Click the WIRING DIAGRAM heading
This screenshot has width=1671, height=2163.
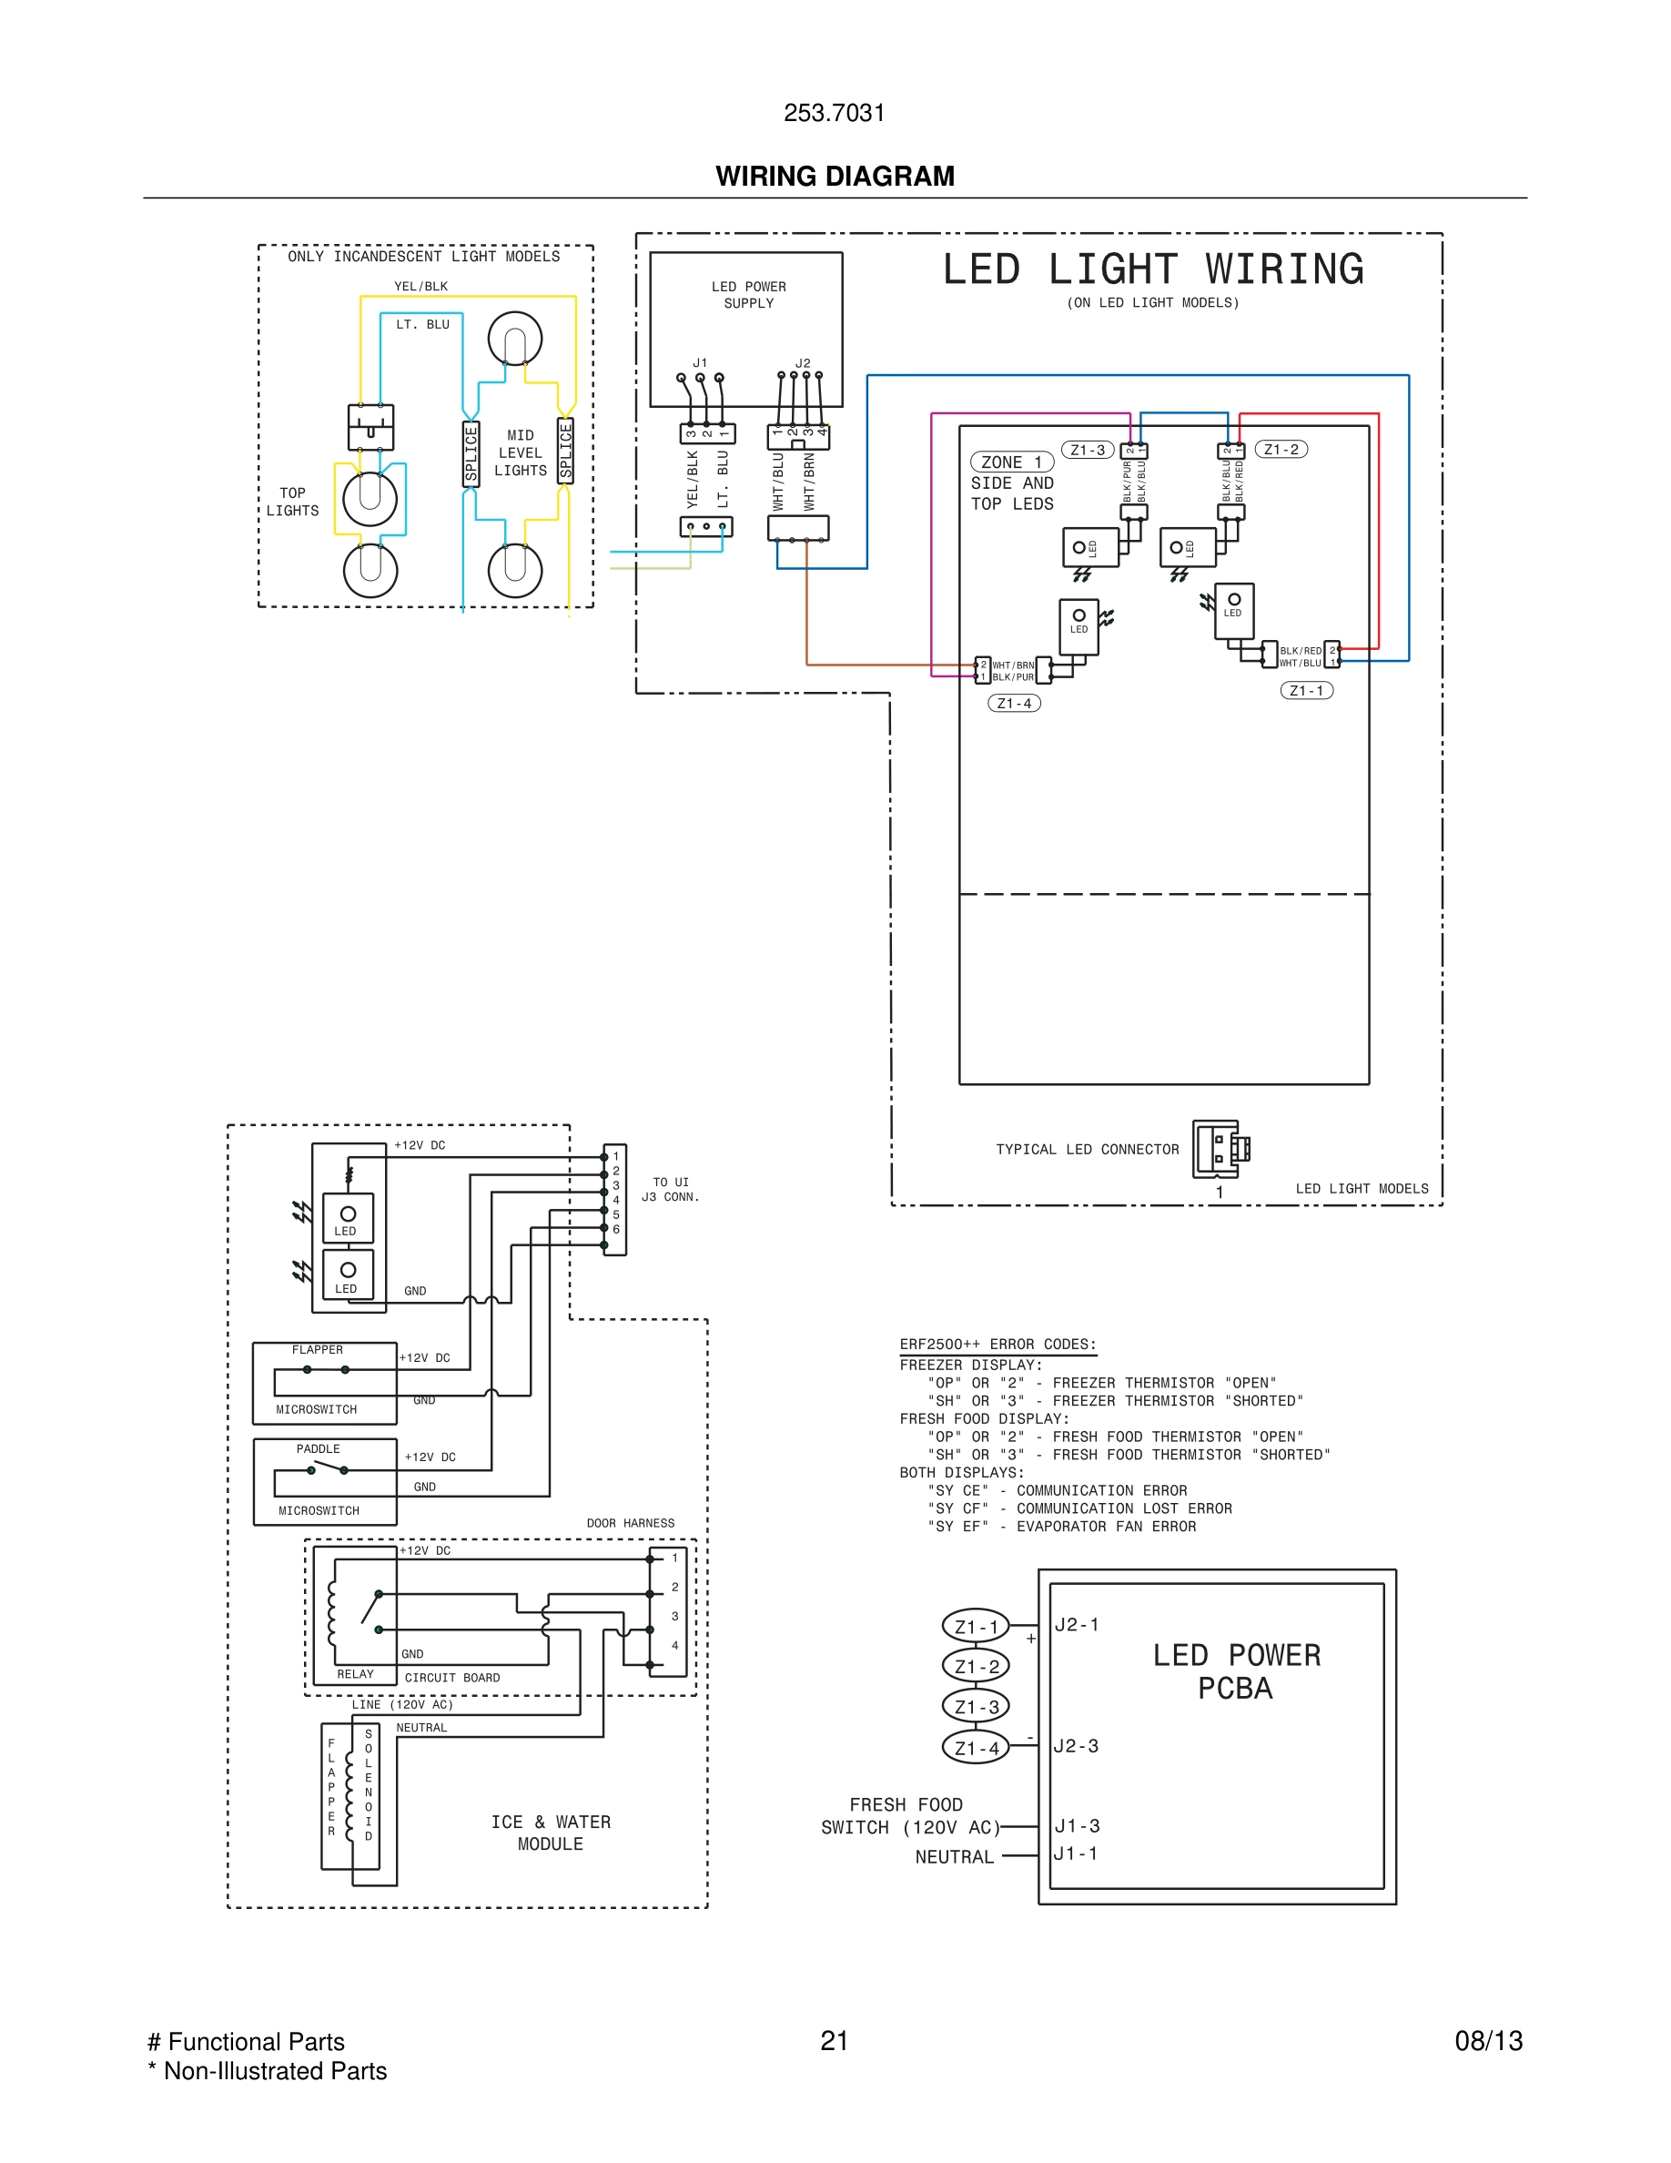coord(835,177)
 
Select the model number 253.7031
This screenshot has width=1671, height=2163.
coord(834,113)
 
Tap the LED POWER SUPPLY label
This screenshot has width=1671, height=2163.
coord(748,295)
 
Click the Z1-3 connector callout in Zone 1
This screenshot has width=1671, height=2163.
coord(1087,450)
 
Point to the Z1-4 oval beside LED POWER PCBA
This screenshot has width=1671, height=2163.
coord(976,1748)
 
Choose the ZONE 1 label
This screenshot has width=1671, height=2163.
coord(1011,462)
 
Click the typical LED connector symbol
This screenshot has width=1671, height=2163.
coord(1220,1148)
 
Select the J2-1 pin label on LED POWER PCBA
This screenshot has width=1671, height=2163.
coord(1076,1624)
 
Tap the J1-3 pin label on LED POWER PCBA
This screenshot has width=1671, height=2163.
coord(1076,1825)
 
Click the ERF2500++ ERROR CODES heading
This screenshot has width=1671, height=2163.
coord(998,1344)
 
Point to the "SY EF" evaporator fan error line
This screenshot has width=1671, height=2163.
coord(1061,1526)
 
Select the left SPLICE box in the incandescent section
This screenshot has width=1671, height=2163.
coord(471,453)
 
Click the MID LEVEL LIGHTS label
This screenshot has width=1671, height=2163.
coord(521,452)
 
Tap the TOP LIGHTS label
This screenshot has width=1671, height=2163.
coord(292,501)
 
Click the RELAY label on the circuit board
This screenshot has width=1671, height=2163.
coord(355,1674)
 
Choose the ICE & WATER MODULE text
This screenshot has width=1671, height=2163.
coord(551,1833)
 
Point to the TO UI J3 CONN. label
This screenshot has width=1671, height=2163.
coord(670,1190)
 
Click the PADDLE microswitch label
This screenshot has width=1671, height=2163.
coord(318,1449)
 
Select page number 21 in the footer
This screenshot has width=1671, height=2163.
coord(834,2040)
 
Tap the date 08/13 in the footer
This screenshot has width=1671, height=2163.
coord(1488,2040)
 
